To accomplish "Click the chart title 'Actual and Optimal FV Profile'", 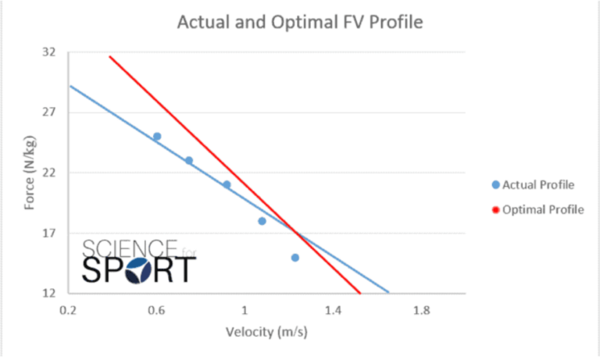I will pyautogui.click(x=300, y=22).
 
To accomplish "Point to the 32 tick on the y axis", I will pyautogui.click(x=49, y=52).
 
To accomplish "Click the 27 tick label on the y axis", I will pyautogui.click(x=49, y=112).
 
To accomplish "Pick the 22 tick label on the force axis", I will pyautogui.click(x=49, y=173).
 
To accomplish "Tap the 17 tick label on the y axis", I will pyautogui.click(x=49, y=233).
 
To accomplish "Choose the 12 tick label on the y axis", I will pyautogui.click(x=49, y=293).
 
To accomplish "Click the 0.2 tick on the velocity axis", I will pyautogui.click(x=68, y=310).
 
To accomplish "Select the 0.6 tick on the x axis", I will pyautogui.click(x=156, y=310).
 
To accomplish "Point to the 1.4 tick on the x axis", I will pyautogui.click(x=334, y=310).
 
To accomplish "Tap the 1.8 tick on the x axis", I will pyautogui.click(x=422, y=310).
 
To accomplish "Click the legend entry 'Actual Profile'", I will pyautogui.click(x=538, y=185).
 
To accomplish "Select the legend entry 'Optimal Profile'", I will pyautogui.click(x=541, y=209).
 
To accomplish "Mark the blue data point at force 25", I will pyautogui.click(x=157, y=137).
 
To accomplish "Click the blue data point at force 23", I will pyautogui.click(x=189, y=160).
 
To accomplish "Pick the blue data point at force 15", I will pyautogui.click(x=295, y=257).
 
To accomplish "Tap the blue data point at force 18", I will pyautogui.click(x=262, y=221).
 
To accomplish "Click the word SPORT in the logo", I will pyautogui.click(x=138, y=269).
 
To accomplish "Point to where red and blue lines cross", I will pyautogui.click(x=295, y=233).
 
